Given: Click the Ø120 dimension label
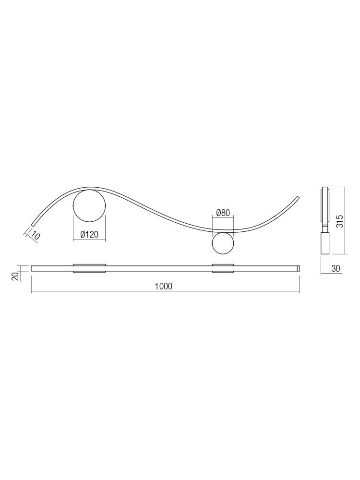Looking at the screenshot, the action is pos(89,235).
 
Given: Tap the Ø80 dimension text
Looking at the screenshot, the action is pos(223,213).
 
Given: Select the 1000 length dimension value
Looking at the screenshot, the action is pos(164,286).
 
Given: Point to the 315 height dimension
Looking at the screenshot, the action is pos(339,221).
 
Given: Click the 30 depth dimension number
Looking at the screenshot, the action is pos(336,268).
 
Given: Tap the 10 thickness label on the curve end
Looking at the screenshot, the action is pos(36,236).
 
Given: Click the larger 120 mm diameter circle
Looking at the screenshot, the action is pos(89,206).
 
